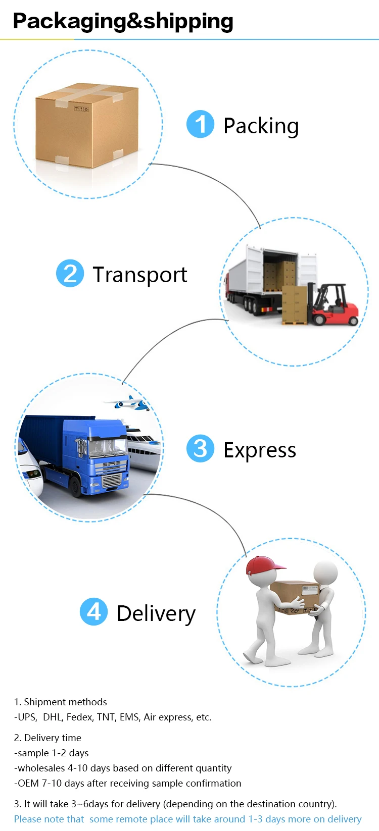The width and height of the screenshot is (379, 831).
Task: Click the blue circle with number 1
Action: pyautogui.click(x=201, y=124)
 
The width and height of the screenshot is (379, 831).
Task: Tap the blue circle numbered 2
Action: pyautogui.click(x=70, y=273)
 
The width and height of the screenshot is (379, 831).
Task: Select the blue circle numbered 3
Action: pyautogui.click(x=200, y=448)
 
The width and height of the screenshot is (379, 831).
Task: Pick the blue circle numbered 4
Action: pyautogui.click(x=94, y=611)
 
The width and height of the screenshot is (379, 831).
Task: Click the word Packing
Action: pyautogui.click(x=261, y=126)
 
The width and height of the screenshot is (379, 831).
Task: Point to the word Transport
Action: pyautogui.click(x=140, y=275)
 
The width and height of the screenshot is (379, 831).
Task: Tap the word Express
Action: pyautogui.click(x=260, y=450)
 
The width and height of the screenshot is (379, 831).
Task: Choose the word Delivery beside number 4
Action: pyautogui.click(x=156, y=613)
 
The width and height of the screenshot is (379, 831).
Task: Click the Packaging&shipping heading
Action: pyautogui.click(x=123, y=21)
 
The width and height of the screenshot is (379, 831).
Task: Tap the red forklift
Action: pyautogui.click(x=334, y=306)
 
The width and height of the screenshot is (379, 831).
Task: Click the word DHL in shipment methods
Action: pyautogui.click(x=52, y=717)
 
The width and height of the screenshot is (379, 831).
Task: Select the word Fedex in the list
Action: pyautogui.click(x=79, y=717)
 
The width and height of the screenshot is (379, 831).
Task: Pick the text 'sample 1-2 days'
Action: pyautogui.click(x=53, y=753)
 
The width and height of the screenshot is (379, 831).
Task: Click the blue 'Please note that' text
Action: pyautogui.click(x=49, y=819)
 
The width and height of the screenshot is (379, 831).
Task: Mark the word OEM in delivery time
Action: pyautogui.click(x=28, y=783)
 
